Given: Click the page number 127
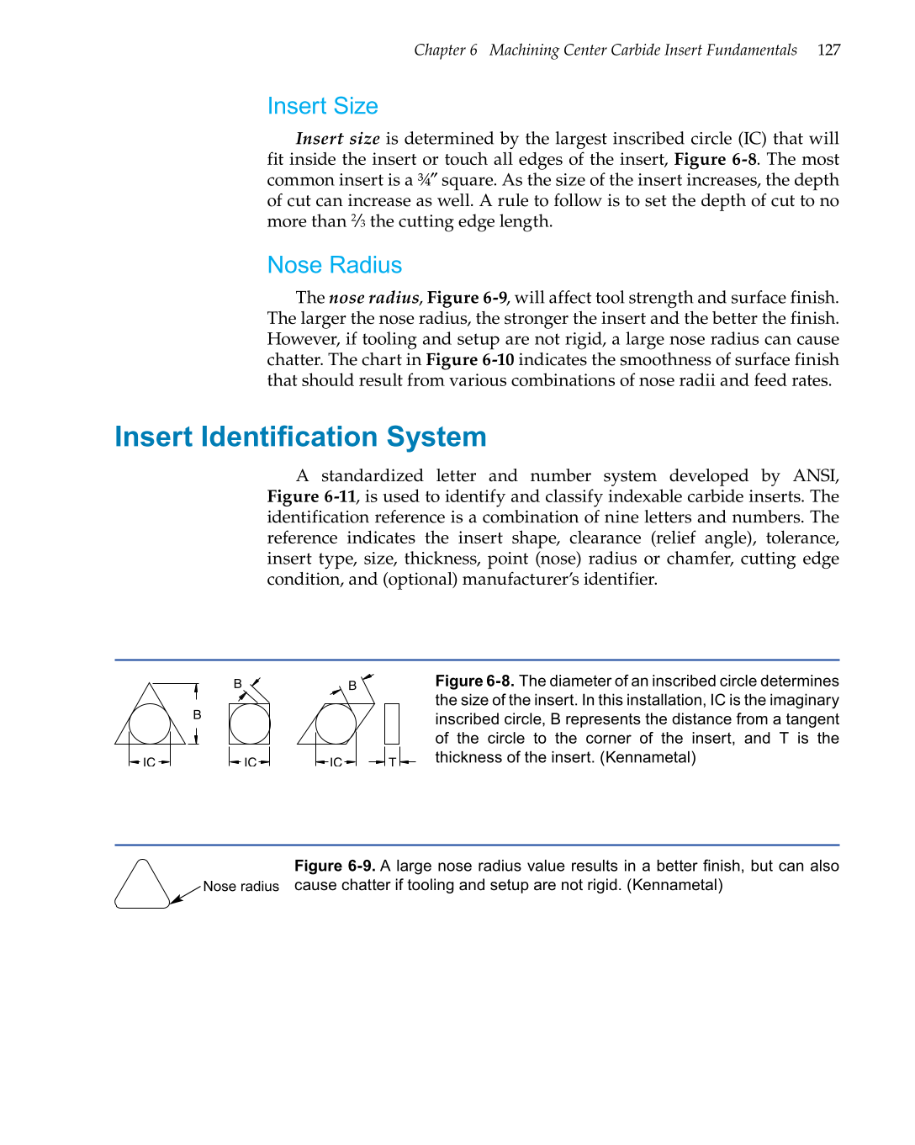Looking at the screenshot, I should click(828, 50).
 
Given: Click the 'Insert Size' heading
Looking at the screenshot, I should click(322, 106).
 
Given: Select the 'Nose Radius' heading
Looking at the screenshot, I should click(334, 265).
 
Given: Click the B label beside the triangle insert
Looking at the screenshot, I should click(197, 714).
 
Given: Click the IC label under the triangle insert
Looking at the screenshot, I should click(149, 762).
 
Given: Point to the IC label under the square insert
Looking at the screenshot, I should click(250, 762).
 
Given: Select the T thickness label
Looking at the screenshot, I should click(392, 762).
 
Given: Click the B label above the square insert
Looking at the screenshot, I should click(238, 684).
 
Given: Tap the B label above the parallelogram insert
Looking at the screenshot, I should click(352, 686).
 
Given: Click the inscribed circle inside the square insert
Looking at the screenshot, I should click(250, 724).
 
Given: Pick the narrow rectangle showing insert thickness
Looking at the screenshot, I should click(392, 724).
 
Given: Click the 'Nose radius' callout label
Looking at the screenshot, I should click(241, 887).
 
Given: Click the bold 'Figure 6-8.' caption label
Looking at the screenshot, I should click(474, 681).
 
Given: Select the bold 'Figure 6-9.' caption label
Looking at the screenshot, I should click(334, 866).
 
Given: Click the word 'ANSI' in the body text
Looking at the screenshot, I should click(815, 475).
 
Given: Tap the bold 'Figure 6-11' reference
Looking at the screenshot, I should click(311, 496).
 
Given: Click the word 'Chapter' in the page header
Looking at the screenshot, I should click(439, 50).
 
